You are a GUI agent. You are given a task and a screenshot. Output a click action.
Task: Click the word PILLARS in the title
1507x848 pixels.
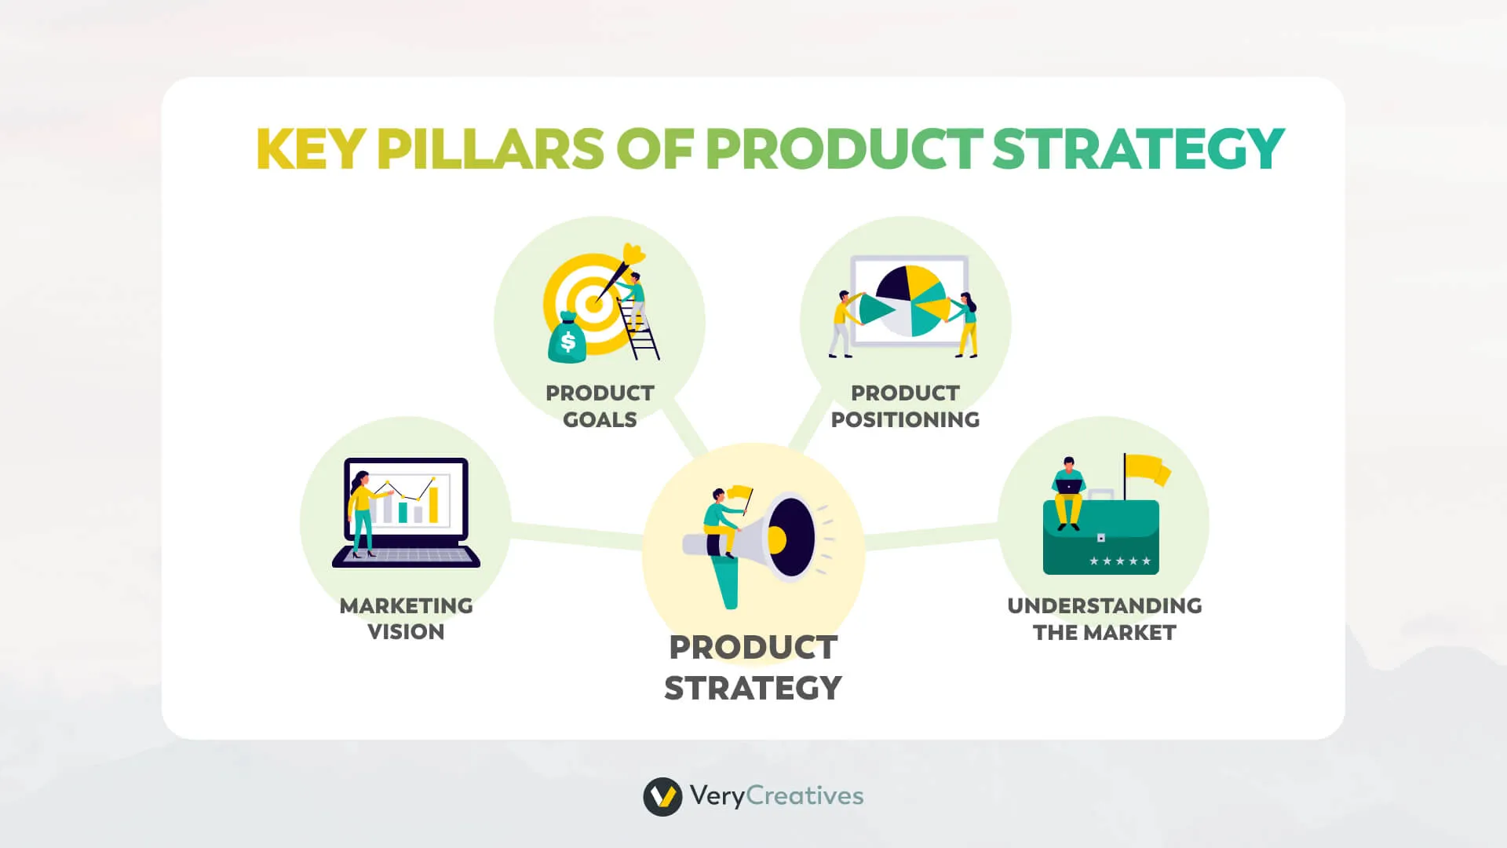490,148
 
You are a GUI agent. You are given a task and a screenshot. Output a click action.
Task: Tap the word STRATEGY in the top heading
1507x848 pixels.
1138,148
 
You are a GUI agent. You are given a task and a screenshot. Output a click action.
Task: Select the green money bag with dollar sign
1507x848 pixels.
567,339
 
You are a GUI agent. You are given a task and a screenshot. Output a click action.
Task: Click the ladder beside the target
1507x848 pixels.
640,330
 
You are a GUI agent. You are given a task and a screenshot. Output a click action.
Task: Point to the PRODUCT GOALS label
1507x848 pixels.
600,406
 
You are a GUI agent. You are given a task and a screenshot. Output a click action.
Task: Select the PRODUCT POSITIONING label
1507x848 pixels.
905,406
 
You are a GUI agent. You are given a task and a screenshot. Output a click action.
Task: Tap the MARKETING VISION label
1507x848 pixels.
406,619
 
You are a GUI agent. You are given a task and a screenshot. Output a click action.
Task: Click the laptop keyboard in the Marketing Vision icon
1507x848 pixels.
406,555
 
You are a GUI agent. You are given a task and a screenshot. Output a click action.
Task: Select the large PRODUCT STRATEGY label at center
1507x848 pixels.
753,667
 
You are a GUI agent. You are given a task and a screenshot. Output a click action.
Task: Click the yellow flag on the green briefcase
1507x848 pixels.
1148,470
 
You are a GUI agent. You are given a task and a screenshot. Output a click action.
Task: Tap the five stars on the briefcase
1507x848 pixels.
1120,561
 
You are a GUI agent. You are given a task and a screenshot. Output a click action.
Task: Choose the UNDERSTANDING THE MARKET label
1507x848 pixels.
1104,619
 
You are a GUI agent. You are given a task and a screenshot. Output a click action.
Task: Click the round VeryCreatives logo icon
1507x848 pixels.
662,797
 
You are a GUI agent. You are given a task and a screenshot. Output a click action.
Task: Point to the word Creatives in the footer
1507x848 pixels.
805,795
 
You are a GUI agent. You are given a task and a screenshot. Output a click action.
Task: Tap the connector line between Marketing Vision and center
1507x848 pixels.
577,534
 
